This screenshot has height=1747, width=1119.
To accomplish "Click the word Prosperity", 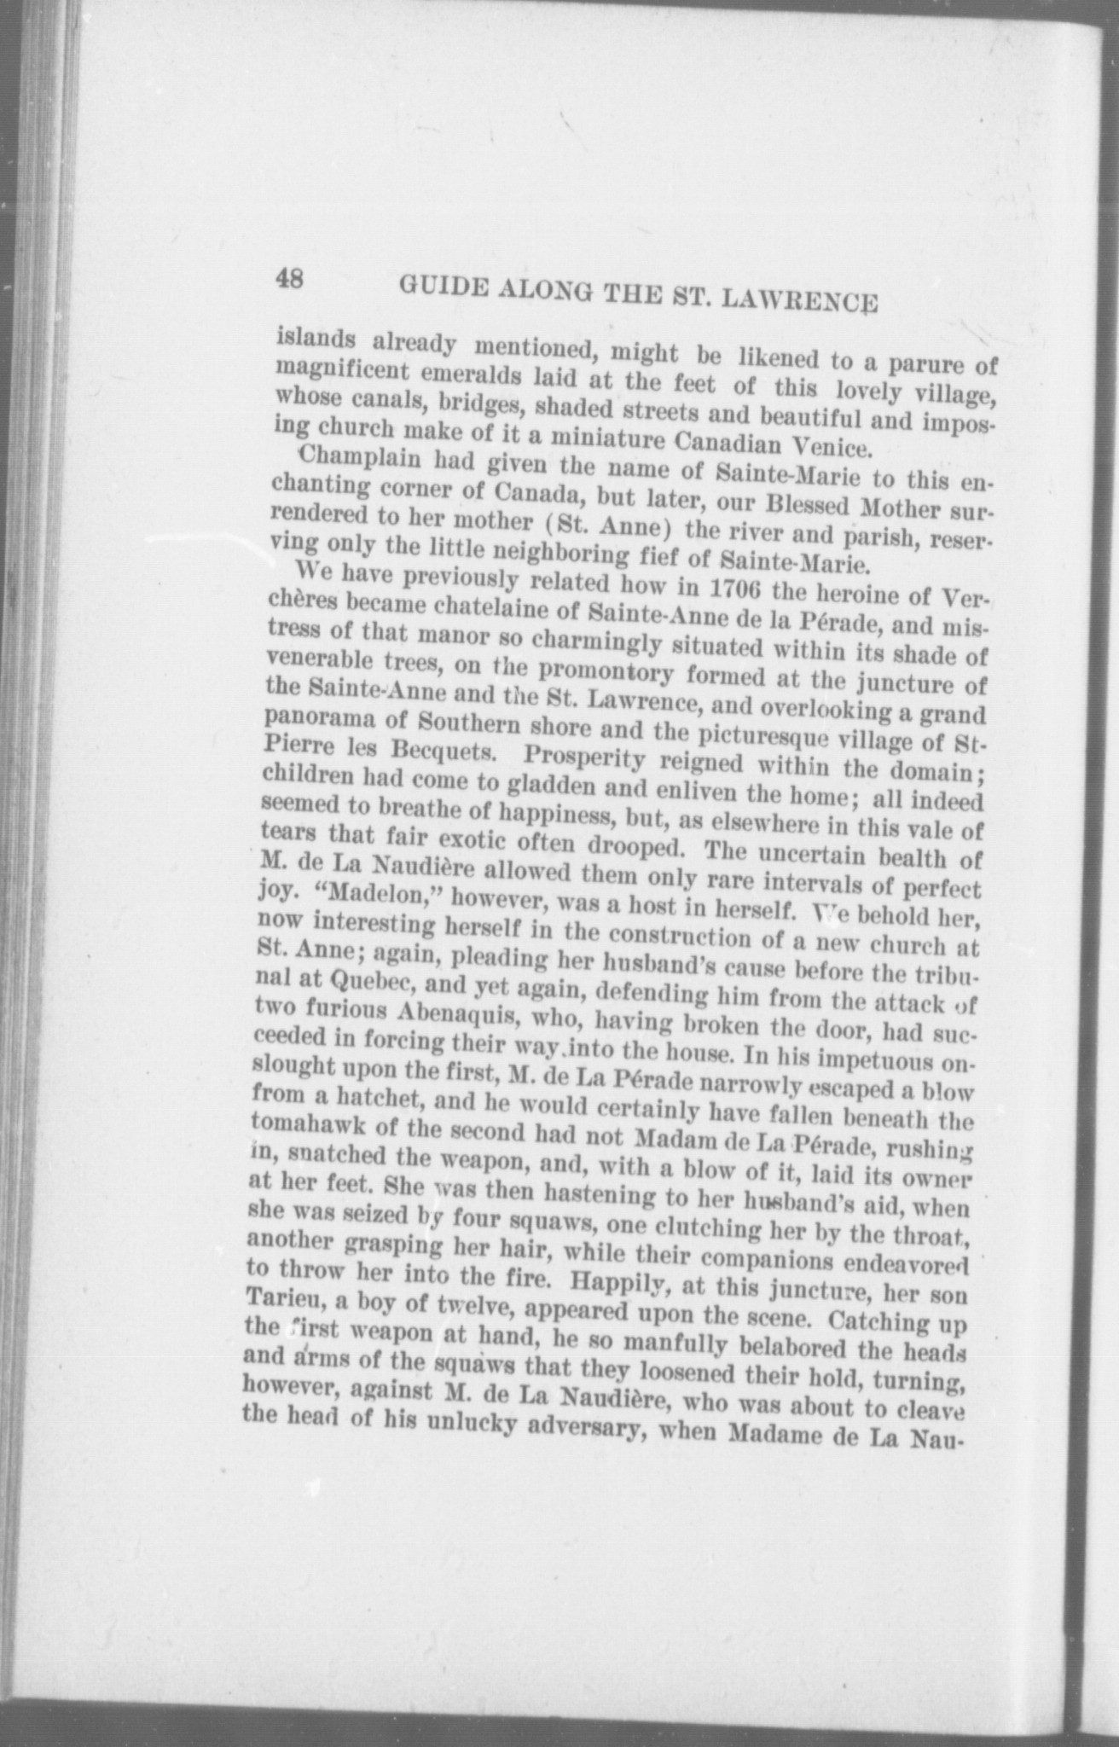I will [x=587, y=757].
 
